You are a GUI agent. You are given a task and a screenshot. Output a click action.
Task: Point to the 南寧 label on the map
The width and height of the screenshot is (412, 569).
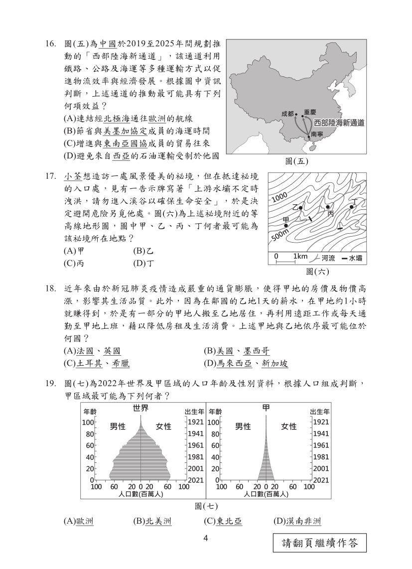(x=317, y=134)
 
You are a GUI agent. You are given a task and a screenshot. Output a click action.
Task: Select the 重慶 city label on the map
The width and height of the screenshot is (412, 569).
(x=310, y=112)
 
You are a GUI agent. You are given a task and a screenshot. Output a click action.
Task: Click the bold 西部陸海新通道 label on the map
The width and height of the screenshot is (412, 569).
(x=339, y=123)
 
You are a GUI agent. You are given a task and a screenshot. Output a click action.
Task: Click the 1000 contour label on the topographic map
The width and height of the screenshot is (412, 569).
(x=280, y=197)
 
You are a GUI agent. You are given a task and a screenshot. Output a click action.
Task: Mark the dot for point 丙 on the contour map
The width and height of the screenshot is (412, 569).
(x=327, y=206)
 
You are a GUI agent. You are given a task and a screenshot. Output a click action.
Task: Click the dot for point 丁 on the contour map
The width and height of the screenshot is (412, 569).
(x=352, y=206)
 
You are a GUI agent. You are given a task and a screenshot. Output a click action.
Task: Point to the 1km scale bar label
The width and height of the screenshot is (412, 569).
(x=300, y=256)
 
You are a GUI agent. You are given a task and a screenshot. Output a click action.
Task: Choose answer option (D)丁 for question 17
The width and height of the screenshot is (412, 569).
(x=143, y=263)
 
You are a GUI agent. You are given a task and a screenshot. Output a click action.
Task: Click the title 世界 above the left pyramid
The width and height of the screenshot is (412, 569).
(x=140, y=408)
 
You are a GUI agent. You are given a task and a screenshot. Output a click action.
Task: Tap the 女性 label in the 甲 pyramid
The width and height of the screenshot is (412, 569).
(x=288, y=427)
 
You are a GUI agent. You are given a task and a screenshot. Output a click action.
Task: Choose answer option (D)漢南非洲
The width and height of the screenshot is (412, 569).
(x=297, y=521)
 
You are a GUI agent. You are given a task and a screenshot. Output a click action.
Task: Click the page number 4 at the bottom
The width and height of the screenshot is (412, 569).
(x=205, y=538)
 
